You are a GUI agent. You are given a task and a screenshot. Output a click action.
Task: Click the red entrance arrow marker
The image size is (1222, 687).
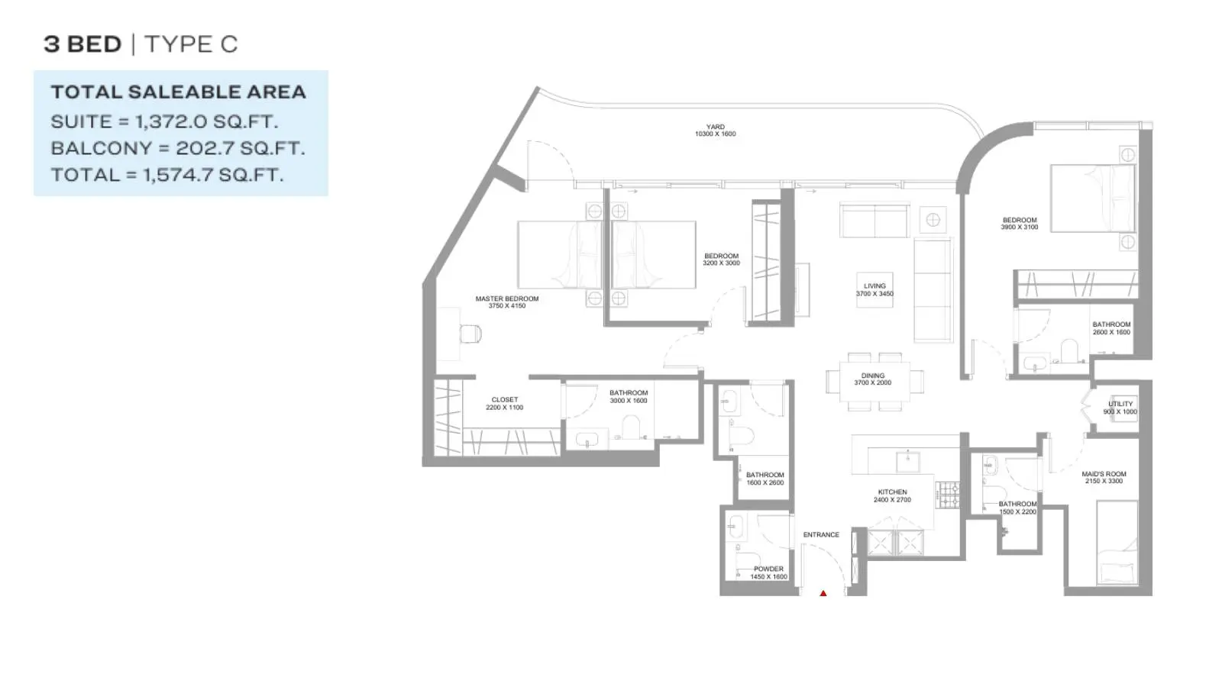823,593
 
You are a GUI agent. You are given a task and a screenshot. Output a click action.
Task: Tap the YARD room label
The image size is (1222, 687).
715,127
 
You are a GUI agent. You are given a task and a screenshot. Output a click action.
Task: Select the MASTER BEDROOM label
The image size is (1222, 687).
507,298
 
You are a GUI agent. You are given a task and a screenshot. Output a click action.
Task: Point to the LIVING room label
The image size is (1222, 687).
874,285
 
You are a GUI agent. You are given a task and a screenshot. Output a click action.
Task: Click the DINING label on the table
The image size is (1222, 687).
873,376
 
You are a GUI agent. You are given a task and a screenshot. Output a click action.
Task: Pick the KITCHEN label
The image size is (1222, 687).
893,492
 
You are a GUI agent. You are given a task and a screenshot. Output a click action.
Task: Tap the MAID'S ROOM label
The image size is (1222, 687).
1104,474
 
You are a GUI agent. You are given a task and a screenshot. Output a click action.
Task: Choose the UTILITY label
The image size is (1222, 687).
1120,404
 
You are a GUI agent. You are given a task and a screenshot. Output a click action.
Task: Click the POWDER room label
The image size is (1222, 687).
768,569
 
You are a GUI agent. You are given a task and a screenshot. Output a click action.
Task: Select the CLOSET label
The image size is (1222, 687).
505,400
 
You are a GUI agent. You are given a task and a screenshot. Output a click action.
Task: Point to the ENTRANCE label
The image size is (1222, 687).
821,535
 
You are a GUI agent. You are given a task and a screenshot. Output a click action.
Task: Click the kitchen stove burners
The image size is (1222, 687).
948,495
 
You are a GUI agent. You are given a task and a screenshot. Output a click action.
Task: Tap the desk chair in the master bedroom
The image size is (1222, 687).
470,334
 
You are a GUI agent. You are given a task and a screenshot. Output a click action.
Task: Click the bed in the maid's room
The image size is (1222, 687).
1117,543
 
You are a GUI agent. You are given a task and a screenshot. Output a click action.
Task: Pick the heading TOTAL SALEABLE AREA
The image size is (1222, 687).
179,92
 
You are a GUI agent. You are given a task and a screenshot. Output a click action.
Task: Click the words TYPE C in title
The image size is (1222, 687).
191,44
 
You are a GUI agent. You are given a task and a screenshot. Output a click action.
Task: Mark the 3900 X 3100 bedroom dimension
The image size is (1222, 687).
1019,227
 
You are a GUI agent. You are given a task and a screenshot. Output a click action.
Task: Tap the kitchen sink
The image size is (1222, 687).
908,462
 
